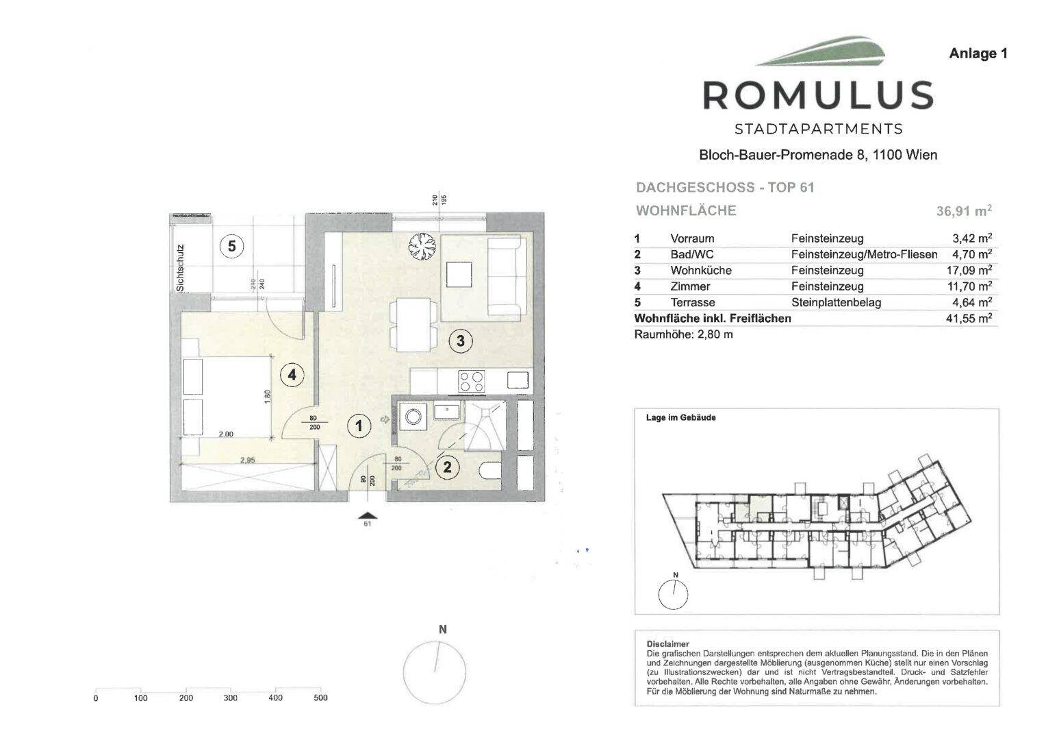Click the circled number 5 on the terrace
(x=232, y=246)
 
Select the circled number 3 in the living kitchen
(x=461, y=340)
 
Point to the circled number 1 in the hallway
(x=358, y=426)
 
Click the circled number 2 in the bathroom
(x=448, y=467)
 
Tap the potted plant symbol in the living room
(x=420, y=246)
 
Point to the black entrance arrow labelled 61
(x=368, y=515)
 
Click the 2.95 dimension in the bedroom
(x=248, y=460)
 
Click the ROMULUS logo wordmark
(x=818, y=95)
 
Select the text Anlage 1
(x=978, y=53)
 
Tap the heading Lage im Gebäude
(x=680, y=417)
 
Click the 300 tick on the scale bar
(x=231, y=698)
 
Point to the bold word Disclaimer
(x=667, y=644)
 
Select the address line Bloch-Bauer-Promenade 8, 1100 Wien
(x=817, y=155)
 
